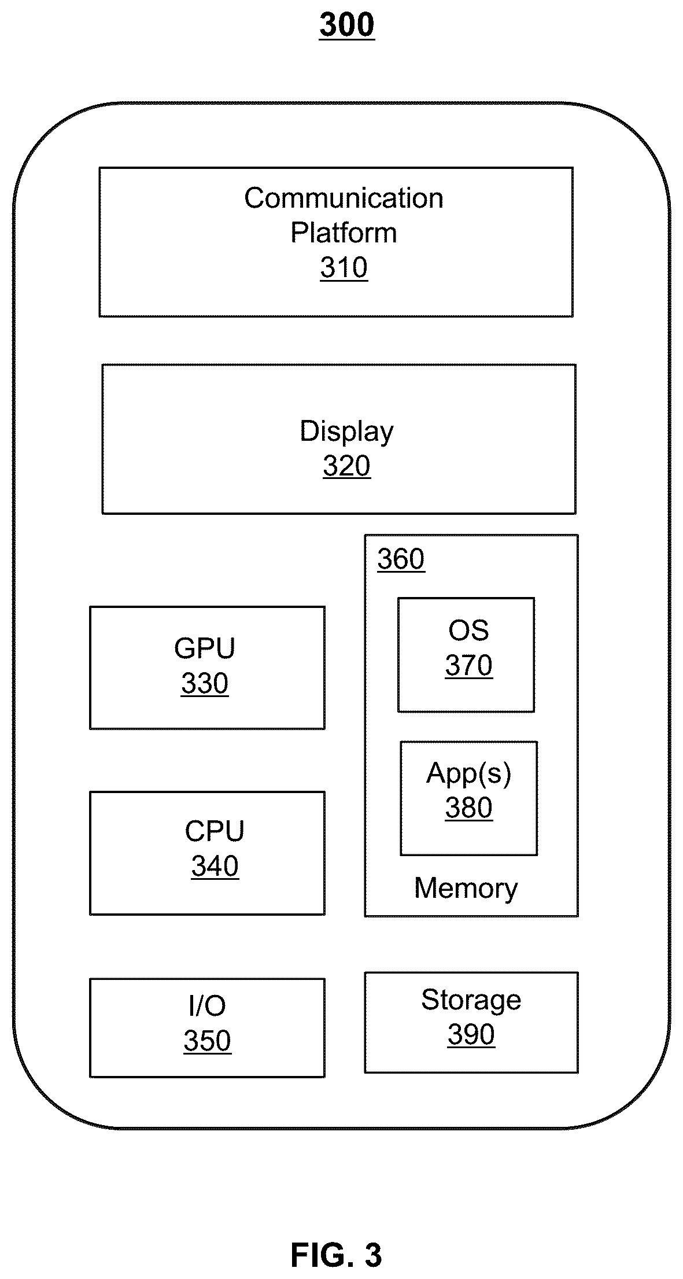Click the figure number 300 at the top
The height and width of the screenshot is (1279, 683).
pos(346,25)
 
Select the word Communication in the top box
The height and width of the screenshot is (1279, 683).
pos(344,198)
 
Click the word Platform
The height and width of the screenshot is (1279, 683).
pos(344,233)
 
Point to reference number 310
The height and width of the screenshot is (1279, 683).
pos(344,268)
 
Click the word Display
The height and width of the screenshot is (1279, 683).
pos(346,432)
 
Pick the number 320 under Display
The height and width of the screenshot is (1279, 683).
pos(346,466)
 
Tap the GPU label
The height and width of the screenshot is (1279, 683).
pos(205,648)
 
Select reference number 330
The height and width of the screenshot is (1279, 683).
pos(205,684)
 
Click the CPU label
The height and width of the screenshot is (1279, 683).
pos(215,832)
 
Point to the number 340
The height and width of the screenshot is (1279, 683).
pos(215,867)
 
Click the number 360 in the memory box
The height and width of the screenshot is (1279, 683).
pos(401,559)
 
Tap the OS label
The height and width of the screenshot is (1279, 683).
pos(468,631)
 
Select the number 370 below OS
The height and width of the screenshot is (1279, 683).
pos(468,666)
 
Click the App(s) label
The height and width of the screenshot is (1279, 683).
pos(468,773)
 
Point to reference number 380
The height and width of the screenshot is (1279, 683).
pos(468,808)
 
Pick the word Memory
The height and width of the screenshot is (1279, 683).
pos(466,889)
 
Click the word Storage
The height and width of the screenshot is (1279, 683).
pos(471,1000)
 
